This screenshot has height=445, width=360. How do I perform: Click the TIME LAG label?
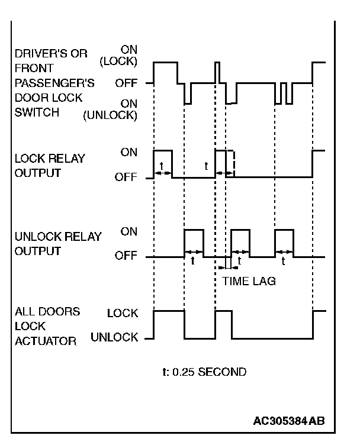point(249,282)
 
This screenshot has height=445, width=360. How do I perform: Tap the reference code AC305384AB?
point(288,421)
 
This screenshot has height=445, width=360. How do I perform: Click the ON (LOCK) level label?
point(128,55)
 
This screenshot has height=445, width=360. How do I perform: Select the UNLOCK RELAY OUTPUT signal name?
point(58,243)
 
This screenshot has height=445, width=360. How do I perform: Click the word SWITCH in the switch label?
point(37,112)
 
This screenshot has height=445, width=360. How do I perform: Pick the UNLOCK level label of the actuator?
point(114,338)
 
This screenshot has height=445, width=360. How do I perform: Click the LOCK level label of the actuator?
point(123,312)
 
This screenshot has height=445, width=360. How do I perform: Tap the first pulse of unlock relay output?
point(194,243)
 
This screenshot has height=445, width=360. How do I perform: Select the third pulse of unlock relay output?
point(284,243)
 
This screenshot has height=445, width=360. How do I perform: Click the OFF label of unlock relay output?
point(126,257)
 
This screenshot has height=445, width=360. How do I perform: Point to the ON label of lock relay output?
point(128,151)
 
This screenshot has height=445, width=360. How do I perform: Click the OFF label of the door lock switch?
point(126,83)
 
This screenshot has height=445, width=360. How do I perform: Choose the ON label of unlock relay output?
point(128,231)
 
